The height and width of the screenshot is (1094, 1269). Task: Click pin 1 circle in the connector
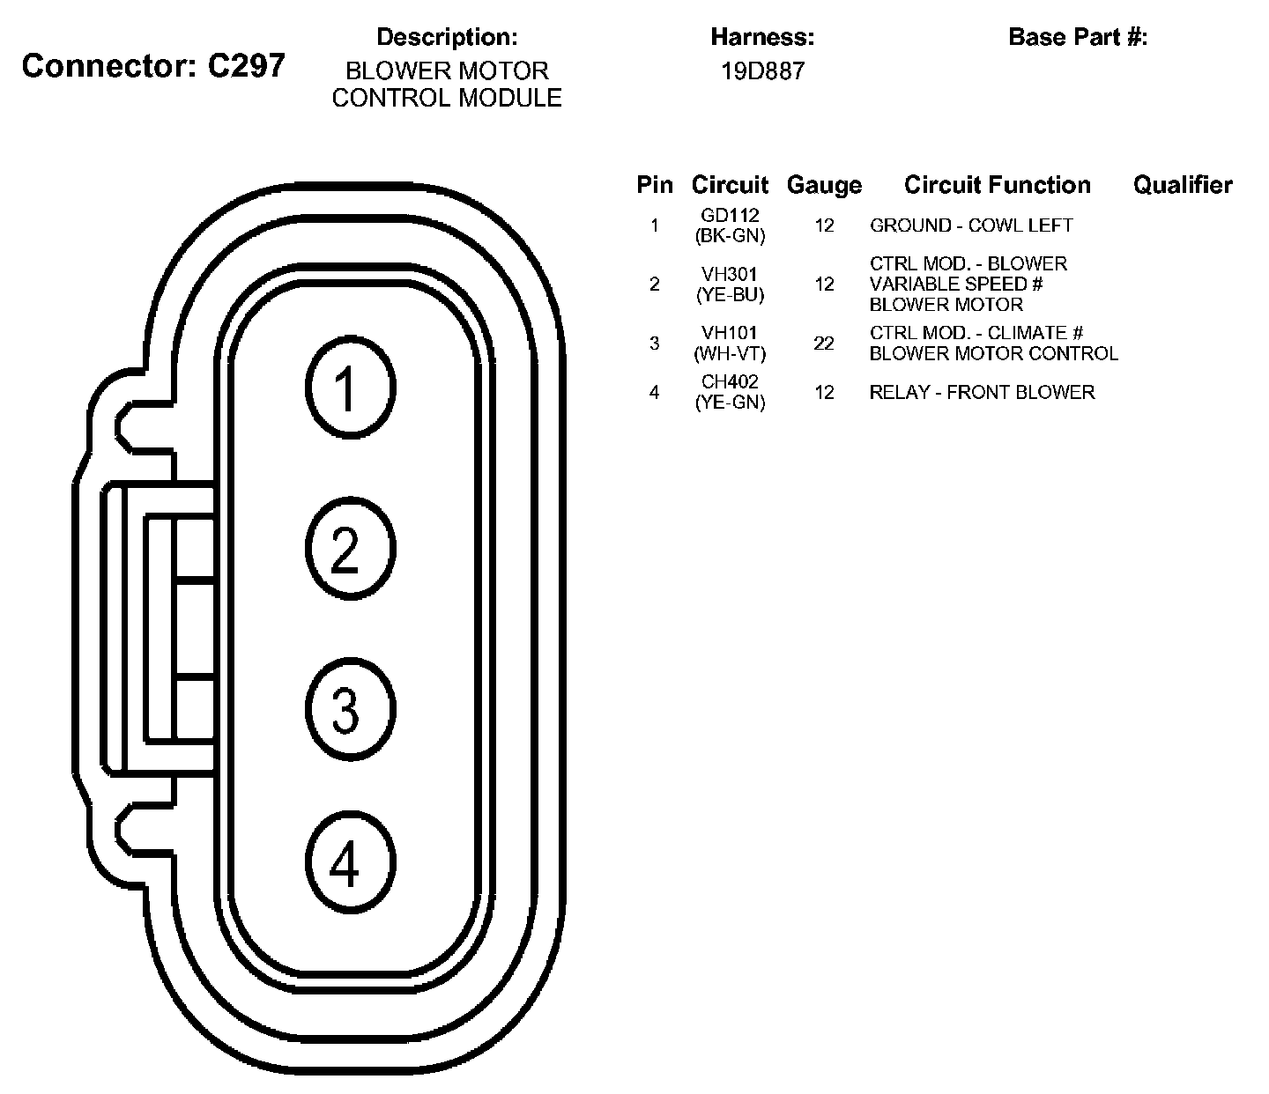coord(351,388)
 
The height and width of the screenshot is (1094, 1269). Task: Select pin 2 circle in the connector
coord(351,548)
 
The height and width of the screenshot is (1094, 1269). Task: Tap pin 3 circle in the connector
coord(351,710)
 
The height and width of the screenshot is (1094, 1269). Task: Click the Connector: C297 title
coord(153,66)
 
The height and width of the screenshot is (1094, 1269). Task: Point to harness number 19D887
coord(763,71)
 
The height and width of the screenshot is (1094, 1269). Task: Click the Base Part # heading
coord(1078,37)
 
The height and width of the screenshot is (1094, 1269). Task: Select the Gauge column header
coord(824,185)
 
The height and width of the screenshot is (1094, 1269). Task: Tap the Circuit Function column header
coord(997,185)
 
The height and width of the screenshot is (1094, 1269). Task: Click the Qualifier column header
coord(1183,185)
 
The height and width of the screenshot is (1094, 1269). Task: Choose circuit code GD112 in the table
coord(730,215)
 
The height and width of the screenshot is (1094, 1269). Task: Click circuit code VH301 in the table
coord(730,274)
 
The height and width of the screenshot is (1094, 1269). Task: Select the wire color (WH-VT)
coord(730,353)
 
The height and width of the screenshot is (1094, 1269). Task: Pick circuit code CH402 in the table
coord(730,382)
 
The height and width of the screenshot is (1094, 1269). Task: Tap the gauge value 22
coord(824,344)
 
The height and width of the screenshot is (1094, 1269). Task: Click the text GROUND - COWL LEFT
coord(971,225)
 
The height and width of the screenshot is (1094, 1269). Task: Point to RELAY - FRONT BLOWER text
coord(982,393)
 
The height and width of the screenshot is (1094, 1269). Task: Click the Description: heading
coord(447,37)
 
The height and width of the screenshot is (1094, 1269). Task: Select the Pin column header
coord(655,185)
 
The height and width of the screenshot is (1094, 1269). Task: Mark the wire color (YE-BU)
coord(730,295)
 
